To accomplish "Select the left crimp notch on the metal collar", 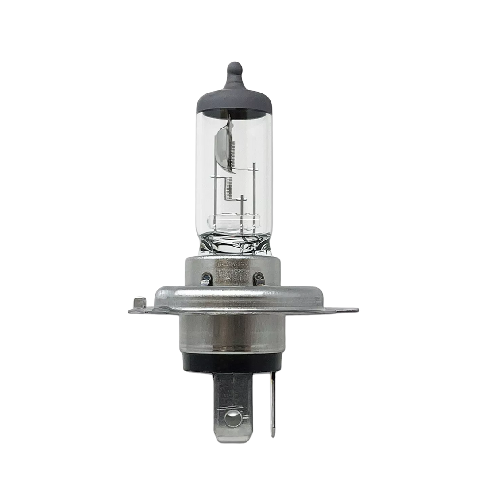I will tap(205, 278).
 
